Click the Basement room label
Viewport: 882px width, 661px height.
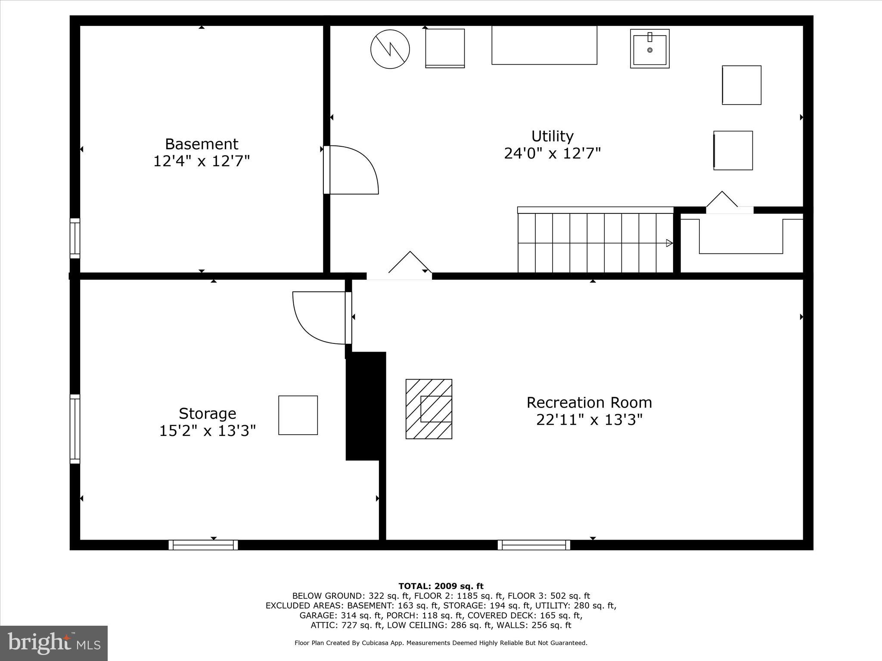tap(202, 144)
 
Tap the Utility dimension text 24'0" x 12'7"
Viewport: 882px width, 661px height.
tap(552, 153)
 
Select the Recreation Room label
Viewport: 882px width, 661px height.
tap(589, 403)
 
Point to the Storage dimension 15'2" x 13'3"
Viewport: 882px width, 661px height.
tap(208, 431)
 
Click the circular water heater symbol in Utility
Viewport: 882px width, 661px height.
tap(390, 49)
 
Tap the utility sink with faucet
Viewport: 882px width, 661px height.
tap(649, 49)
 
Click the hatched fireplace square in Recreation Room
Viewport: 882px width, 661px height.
tap(429, 409)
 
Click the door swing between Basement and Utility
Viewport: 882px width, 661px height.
tap(352, 170)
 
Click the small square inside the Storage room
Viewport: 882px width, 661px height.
tap(298, 415)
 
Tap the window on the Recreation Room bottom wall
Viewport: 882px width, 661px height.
tap(534, 545)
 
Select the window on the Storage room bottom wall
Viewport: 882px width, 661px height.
tap(203, 545)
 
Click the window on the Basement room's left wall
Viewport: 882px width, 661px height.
tap(75, 238)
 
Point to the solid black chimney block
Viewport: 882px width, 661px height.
tap(365, 405)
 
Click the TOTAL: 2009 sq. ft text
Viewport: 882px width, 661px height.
tap(441, 586)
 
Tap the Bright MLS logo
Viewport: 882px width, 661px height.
tap(54, 643)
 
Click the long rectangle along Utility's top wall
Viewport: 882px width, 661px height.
tap(544, 45)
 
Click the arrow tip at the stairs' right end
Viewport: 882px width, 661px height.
tap(670, 243)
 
